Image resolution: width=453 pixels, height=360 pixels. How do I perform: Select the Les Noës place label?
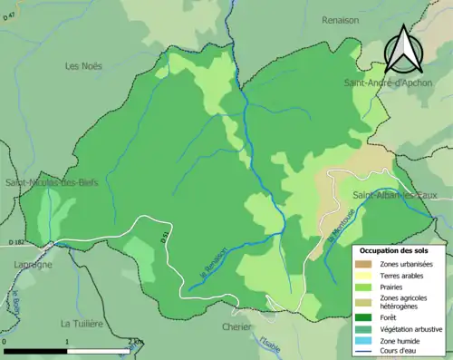(x=84, y=65)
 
